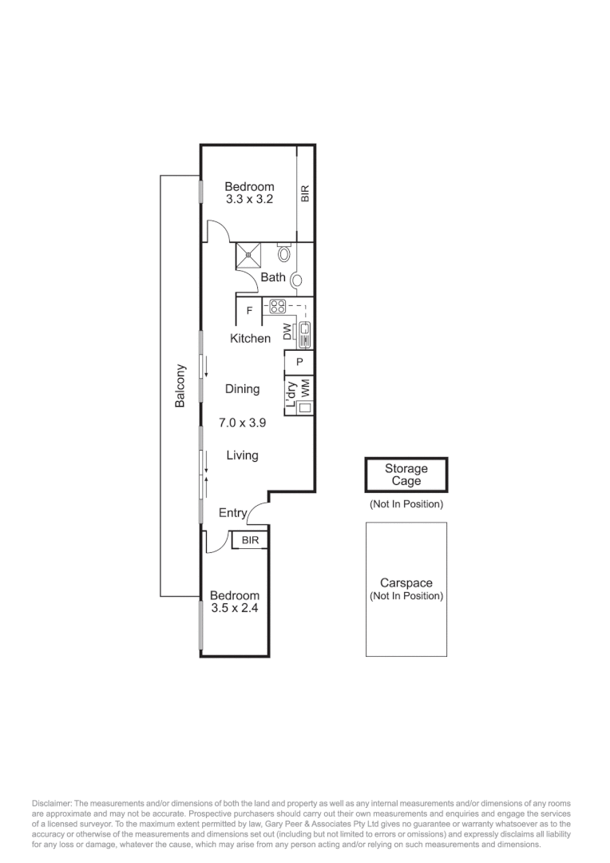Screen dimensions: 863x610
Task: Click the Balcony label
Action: (180, 387)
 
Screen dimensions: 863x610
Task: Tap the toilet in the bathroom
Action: (285, 254)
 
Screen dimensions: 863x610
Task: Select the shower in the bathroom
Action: (249, 257)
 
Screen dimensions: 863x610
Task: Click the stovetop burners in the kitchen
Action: (277, 305)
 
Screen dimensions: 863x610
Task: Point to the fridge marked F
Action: (249, 310)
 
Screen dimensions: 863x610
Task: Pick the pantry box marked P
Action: (299, 362)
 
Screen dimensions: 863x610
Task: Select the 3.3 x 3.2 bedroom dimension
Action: (249, 200)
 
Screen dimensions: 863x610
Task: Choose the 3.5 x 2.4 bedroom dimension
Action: (234, 607)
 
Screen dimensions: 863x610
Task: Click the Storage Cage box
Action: (406, 475)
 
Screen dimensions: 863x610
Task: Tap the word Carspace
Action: (406, 584)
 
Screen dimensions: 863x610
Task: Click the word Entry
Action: (233, 514)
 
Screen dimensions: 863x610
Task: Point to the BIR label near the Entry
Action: (250, 541)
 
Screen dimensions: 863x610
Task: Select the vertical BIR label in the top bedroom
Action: (305, 193)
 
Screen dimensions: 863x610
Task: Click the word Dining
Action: (242, 389)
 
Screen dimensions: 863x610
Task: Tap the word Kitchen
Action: (250, 339)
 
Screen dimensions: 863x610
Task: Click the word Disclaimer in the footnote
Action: (52, 802)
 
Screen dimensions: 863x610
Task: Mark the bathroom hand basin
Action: (295, 280)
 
